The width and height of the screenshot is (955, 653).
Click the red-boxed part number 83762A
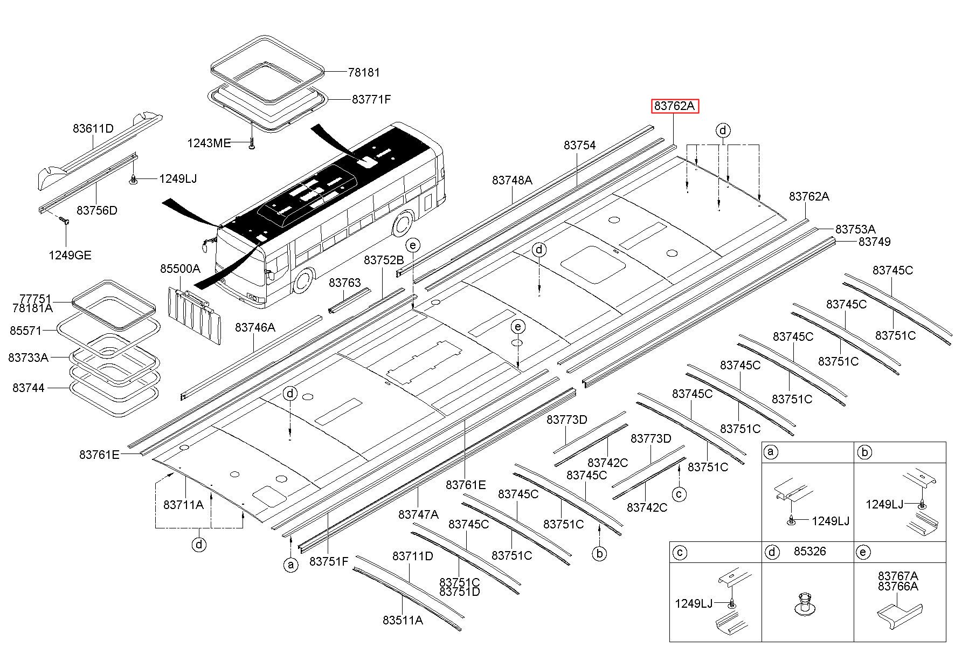674,106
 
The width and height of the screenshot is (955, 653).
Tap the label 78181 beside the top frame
364,72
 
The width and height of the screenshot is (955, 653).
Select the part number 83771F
371,99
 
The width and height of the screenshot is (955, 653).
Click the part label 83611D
93,128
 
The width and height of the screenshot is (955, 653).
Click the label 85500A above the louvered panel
180,269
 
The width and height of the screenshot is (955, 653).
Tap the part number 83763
345,283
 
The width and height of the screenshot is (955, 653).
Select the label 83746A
255,327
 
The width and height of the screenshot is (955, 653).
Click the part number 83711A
183,504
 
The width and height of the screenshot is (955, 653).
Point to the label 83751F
329,561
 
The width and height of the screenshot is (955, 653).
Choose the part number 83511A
403,620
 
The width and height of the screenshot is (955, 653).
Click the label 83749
875,242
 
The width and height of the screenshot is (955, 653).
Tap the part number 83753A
856,229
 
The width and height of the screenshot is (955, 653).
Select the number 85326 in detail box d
810,552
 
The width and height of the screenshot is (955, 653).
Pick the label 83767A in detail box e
898,576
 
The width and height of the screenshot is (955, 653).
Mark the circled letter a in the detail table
772,452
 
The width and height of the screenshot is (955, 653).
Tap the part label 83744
29,388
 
